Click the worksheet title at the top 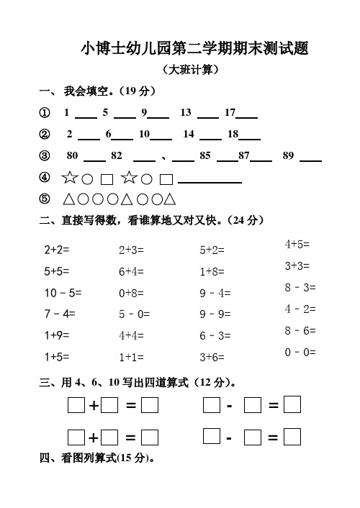[194, 49]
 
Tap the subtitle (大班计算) [190, 71]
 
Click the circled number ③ [45, 155]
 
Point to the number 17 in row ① [230, 113]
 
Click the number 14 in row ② [189, 134]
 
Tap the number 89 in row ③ [289, 155]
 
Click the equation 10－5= [63, 293]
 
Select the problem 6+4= [131, 272]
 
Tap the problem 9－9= [215, 314]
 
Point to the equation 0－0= [300, 352]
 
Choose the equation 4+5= [297, 245]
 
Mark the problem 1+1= [131, 356]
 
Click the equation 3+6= [212, 356]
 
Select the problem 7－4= [59, 314]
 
